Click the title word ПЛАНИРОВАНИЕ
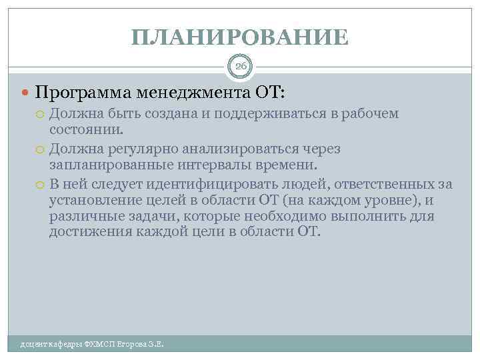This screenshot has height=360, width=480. [240, 37]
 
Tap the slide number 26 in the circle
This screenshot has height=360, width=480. [240, 66]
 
